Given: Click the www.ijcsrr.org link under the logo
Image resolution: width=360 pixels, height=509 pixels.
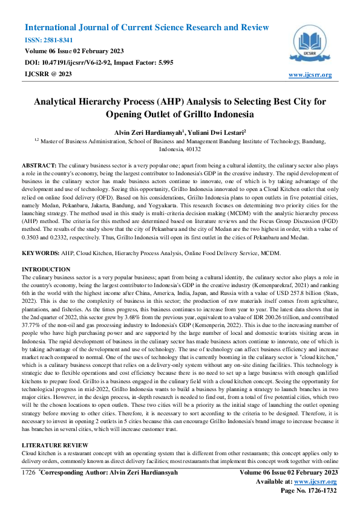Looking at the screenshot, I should (x=310, y=74).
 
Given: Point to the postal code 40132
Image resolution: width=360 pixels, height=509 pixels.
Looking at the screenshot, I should (x=192, y=149).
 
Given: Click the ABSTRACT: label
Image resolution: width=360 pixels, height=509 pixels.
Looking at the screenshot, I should (x=39, y=165).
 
